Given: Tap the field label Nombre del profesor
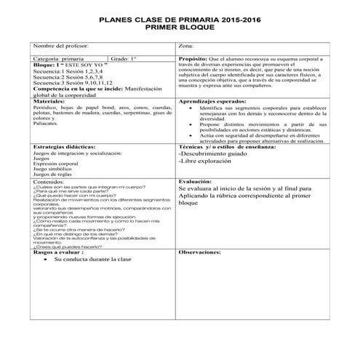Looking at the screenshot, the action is point(63,46).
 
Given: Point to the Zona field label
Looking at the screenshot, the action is point(187,46).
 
